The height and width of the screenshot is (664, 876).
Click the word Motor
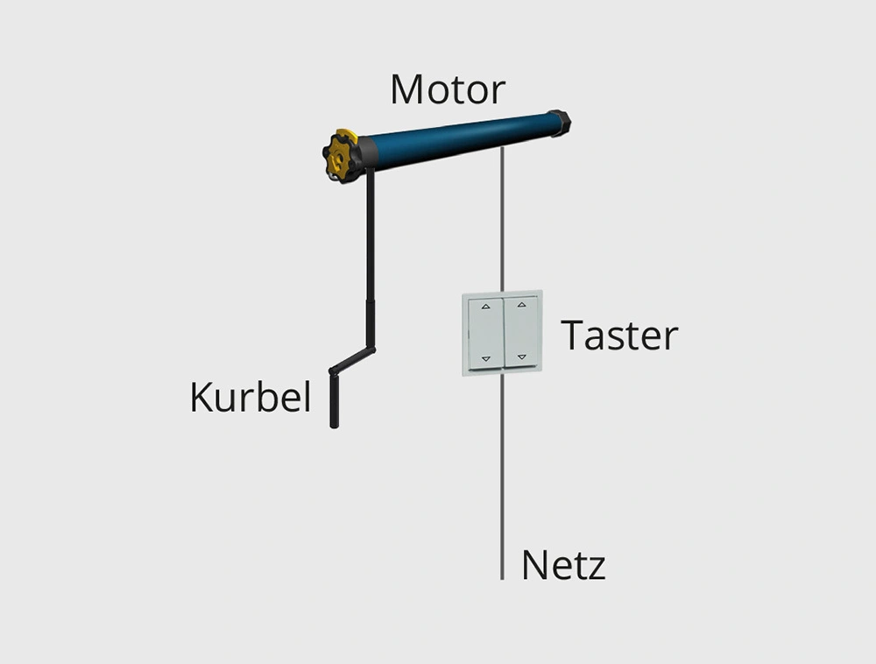pyautogui.click(x=448, y=89)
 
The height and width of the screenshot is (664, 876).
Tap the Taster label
pyautogui.click(x=619, y=336)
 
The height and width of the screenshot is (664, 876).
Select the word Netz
pyautogui.click(x=563, y=565)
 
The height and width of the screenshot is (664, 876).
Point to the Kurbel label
pyautogui.click(x=251, y=397)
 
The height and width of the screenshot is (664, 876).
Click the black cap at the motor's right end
pyautogui.click(x=559, y=123)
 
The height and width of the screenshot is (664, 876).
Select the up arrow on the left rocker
pyautogui.click(x=485, y=306)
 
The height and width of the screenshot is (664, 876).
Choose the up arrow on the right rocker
pyautogui.click(x=522, y=304)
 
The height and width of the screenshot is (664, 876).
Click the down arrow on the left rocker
pyautogui.click(x=485, y=359)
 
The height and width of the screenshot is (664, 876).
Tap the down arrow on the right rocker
pyautogui.click(x=522, y=357)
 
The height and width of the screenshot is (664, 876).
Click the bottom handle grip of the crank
pyautogui.click(x=334, y=401)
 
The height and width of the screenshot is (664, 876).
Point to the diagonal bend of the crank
pyautogui.click(x=352, y=360)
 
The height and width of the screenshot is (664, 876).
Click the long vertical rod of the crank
pyautogui.click(x=370, y=257)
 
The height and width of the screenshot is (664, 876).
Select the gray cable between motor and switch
pyautogui.click(x=502, y=219)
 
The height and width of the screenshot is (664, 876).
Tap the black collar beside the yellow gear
pyautogui.click(x=365, y=153)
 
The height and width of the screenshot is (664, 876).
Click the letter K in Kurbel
pyautogui.click(x=201, y=397)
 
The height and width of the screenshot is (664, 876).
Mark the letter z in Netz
pyautogui.click(x=596, y=569)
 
